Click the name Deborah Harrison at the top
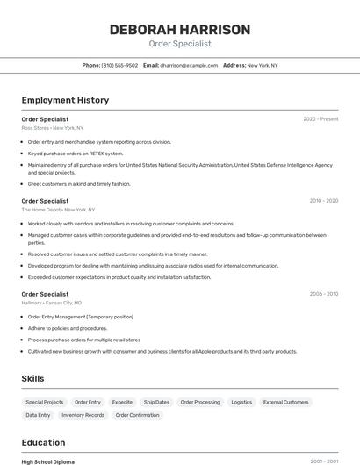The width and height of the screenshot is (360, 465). (x=180, y=30)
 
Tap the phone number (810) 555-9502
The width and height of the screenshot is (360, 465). (x=119, y=65)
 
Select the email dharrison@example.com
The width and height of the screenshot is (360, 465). (x=188, y=65)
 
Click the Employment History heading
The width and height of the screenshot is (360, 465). (x=65, y=100)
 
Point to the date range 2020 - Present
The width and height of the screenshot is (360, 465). (x=320, y=119)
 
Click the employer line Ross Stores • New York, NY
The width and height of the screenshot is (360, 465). (x=53, y=128)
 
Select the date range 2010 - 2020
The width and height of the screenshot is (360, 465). (x=323, y=201)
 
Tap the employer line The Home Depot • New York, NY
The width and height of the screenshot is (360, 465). (x=58, y=210)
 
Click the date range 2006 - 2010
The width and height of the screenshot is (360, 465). (x=323, y=294)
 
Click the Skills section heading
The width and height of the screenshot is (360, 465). (x=33, y=378)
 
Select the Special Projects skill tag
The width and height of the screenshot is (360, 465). (x=45, y=402)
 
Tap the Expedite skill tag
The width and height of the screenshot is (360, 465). (x=122, y=402)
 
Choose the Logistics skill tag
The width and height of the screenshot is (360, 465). (x=241, y=402)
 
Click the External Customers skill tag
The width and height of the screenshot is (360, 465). (x=286, y=402)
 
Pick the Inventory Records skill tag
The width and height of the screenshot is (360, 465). (x=83, y=415)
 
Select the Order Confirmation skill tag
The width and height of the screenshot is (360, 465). (x=138, y=415)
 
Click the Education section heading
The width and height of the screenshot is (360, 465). (x=43, y=442)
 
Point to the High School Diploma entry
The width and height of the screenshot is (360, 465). (x=48, y=461)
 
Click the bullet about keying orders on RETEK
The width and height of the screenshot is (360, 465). (x=76, y=153)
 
